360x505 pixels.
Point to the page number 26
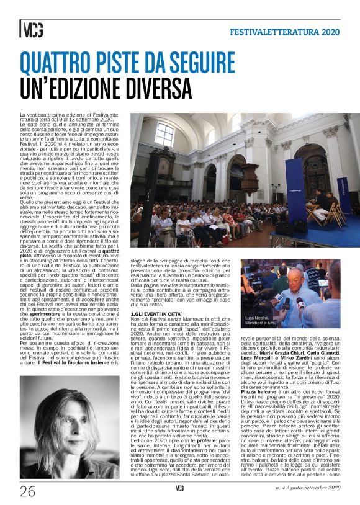tap(28, 492)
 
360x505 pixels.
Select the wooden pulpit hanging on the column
tap(249, 177)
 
